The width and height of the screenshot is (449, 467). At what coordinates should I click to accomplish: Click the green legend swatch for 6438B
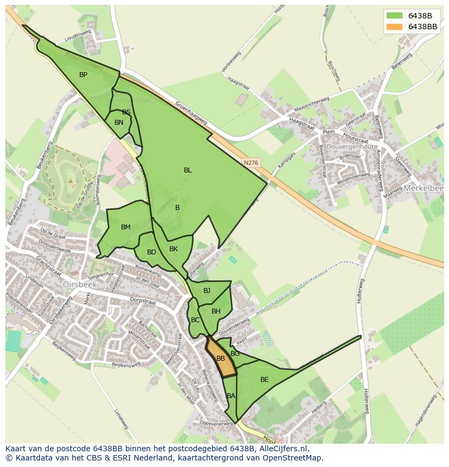tap(394, 16)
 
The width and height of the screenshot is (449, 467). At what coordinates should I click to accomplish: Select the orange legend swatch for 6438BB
tap(394, 27)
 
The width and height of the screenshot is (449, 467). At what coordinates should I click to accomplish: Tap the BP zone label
tap(83, 75)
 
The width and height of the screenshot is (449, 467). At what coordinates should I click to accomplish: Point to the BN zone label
tap(119, 123)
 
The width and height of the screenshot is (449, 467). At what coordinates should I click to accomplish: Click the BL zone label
tap(188, 170)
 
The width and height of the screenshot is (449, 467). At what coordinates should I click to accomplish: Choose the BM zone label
tap(126, 227)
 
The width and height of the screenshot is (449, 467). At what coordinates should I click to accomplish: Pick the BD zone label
tap(151, 252)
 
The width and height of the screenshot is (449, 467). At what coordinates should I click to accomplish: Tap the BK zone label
tap(174, 250)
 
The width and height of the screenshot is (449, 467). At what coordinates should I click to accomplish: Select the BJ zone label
tap(207, 291)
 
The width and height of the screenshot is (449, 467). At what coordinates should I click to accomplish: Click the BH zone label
tap(216, 311)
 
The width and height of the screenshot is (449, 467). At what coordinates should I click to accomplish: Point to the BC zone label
tap(195, 320)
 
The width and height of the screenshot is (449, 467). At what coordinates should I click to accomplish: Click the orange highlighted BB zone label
tap(221, 359)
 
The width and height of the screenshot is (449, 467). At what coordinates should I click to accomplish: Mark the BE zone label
tap(265, 380)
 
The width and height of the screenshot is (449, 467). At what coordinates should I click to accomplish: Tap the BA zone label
tap(231, 396)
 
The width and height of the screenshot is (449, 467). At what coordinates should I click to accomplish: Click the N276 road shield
tap(251, 162)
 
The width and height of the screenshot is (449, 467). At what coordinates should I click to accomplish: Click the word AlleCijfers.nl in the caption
tap(283, 449)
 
